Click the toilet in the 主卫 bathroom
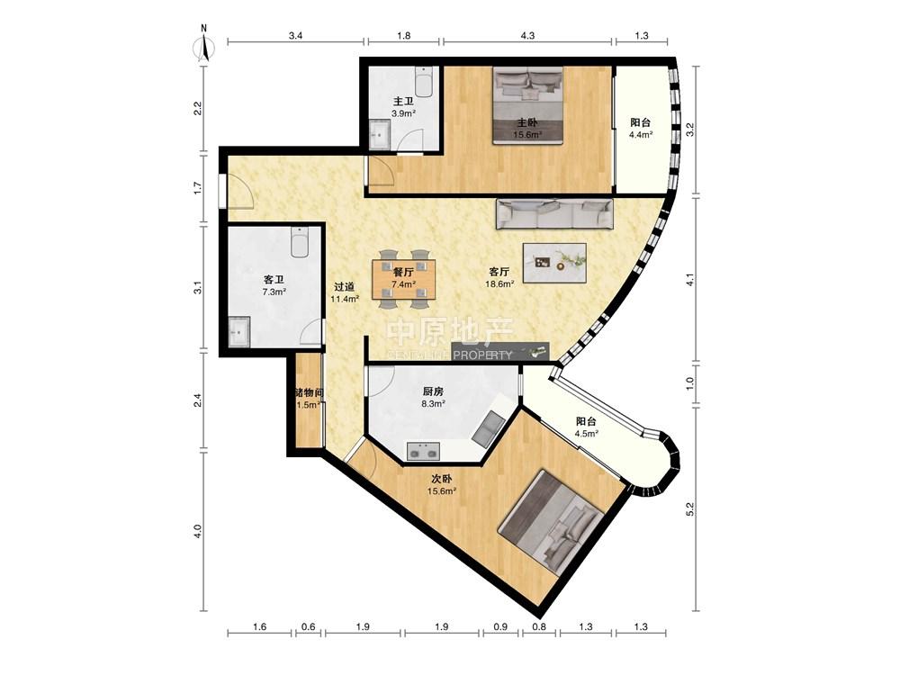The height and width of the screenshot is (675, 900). coord(425,83)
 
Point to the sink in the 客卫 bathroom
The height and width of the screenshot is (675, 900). coord(238,331)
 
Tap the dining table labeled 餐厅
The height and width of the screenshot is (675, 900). coord(404,280)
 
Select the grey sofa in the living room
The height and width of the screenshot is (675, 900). coord(554,213)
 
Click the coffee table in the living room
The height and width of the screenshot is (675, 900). coord(555,262)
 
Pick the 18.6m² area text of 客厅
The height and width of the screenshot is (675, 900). coord(499,283)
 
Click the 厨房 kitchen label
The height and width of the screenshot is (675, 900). coord(433,392)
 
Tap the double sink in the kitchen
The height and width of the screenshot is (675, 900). coord(424,451)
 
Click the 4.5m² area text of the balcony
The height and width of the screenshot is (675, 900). coord(586,434)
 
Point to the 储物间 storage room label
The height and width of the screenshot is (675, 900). coord(309,393)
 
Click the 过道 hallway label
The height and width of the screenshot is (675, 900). coord(344,287)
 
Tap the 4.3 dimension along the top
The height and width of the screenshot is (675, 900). coord(527,36)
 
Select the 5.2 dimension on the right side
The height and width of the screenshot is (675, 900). coord(690,508)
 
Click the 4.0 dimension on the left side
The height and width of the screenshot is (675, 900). coord(197,531)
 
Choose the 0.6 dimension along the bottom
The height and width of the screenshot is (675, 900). coord(308,626)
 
